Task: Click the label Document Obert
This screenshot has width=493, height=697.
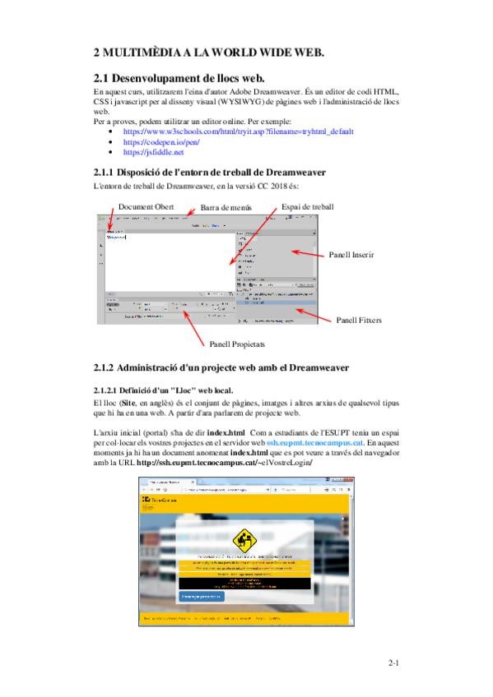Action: (147, 206)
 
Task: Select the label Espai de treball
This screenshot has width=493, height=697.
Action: (307, 206)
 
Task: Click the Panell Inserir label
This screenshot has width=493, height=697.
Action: (351, 256)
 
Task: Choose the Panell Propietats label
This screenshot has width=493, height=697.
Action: (237, 344)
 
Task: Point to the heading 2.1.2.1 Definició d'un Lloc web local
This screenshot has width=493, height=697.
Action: (163, 390)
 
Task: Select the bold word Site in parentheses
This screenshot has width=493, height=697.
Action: (129, 406)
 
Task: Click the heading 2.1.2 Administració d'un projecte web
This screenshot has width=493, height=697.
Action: (222, 367)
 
